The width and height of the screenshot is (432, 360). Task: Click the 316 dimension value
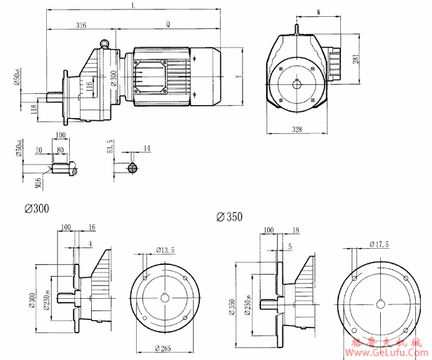click(81, 25)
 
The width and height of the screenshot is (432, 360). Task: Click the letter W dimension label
click(319, 12)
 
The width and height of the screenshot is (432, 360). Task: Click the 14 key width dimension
click(147, 148)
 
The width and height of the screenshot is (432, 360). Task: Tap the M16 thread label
click(37, 181)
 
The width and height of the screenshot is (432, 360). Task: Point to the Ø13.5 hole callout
click(164, 251)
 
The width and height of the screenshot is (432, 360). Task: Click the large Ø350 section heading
click(229, 217)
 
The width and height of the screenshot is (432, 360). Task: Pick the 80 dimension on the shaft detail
click(60, 151)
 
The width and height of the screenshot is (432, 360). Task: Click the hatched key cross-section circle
click(132, 167)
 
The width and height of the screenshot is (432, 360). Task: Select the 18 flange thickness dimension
click(295, 231)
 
